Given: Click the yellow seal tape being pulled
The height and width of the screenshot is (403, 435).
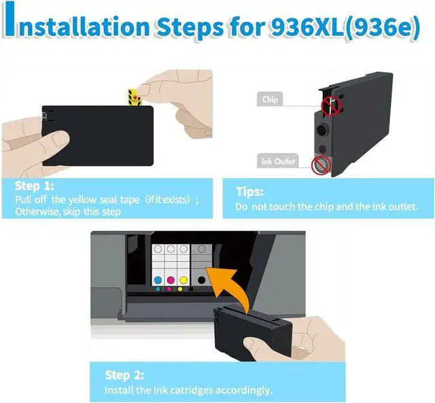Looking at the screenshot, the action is [135, 97].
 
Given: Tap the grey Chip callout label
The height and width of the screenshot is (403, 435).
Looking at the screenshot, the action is [270, 99].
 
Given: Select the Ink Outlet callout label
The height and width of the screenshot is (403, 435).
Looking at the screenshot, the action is [278, 161].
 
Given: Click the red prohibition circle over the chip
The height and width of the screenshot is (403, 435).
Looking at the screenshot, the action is [331, 106].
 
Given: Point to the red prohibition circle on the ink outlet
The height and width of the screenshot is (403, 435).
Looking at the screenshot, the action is [321, 165].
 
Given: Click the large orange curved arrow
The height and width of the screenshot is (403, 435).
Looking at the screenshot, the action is [227, 289].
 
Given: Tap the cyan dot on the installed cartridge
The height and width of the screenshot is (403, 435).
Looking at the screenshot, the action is [158, 280].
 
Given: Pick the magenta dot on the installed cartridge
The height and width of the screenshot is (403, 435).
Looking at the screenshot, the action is [171, 280].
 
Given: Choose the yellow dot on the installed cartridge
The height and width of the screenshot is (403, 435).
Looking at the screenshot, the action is [184, 280].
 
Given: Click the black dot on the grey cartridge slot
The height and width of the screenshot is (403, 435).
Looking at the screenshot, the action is [202, 280].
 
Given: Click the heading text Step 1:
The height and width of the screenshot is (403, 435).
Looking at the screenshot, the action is [35, 186].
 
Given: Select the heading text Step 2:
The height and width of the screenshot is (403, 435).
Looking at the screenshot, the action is [124, 375].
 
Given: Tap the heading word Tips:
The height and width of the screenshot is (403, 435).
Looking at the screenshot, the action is [249, 192].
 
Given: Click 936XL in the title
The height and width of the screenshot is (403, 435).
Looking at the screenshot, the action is [307, 27].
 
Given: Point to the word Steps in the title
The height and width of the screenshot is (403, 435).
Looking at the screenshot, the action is [190, 28].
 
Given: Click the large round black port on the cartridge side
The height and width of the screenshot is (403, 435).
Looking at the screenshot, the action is [321, 130].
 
